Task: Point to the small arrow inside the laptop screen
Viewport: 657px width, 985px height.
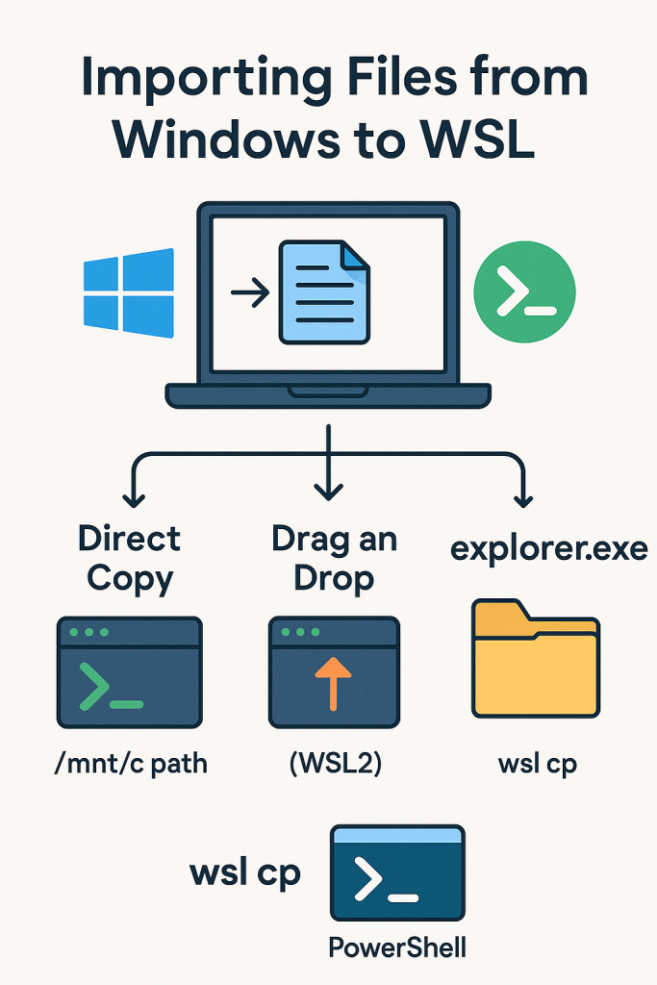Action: (249, 292)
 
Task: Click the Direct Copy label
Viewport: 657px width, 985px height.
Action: (130, 558)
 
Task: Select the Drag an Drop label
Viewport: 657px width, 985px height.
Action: (333, 558)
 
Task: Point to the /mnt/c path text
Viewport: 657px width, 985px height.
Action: (131, 765)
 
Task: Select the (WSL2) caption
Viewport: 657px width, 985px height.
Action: (333, 765)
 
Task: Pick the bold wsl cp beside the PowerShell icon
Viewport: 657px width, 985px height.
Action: (244, 872)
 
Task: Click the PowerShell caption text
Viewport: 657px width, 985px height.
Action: (397, 947)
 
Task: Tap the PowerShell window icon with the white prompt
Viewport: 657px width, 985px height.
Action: (397, 871)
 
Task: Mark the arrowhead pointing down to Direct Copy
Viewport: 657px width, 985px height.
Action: (133, 499)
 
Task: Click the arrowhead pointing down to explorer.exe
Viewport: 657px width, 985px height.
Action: (524, 499)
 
